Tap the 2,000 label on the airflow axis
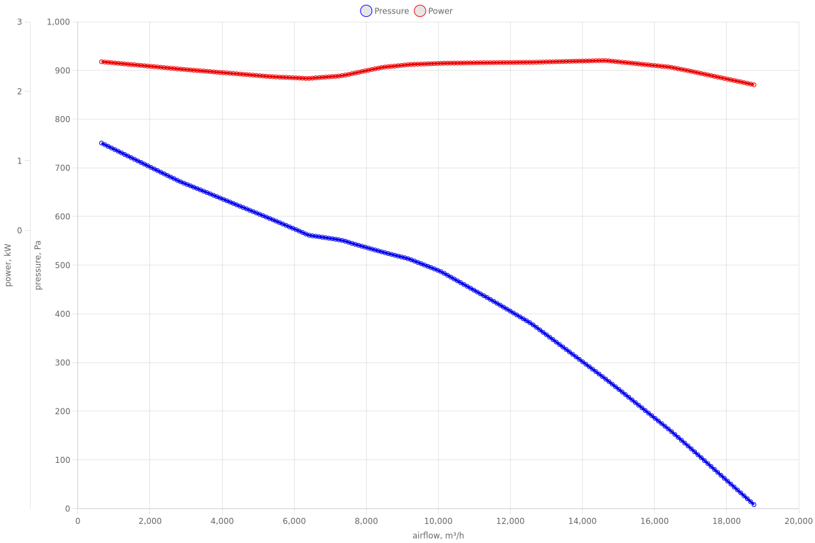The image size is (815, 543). (149, 521)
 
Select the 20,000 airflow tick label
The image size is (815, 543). (799, 521)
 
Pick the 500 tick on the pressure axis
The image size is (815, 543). (62, 265)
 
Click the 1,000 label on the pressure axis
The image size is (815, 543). (59, 22)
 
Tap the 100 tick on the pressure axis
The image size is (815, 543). (62, 460)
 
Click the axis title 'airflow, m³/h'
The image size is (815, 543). (438, 536)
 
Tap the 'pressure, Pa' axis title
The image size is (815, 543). (39, 265)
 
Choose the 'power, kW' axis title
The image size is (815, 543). (8, 265)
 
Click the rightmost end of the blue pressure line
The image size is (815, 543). (754, 504)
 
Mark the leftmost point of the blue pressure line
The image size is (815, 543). (102, 143)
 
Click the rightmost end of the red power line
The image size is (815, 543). (754, 85)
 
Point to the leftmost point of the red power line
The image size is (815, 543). (102, 62)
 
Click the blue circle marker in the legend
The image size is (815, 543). (366, 11)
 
